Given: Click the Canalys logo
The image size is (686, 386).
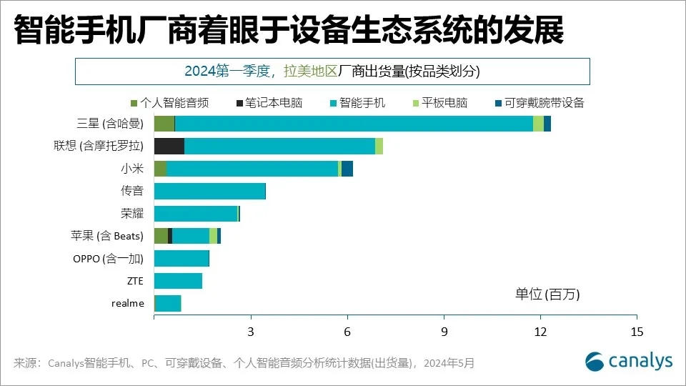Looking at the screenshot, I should click(x=628, y=361).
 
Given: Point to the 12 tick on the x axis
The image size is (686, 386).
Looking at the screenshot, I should click(x=540, y=332).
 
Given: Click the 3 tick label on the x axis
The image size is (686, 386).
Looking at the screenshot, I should click(x=251, y=332).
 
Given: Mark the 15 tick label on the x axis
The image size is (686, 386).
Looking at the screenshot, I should click(x=637, y=332).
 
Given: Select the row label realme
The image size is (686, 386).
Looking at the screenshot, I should click(x=128, y=303).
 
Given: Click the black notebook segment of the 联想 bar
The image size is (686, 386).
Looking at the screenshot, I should click(x=169, y=147).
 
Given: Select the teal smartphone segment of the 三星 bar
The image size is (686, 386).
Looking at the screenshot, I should click(x=354, y=124).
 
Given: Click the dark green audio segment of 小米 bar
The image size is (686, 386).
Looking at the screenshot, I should click(x=160, y=169).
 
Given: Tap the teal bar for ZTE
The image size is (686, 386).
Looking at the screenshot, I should click(x=178, y=281).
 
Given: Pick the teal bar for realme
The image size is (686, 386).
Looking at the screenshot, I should click(x=169, y=303).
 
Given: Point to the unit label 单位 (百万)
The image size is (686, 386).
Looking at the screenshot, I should click(x=548, y=294).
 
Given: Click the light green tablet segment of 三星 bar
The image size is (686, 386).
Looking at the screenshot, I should click(x=538, y=124).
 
